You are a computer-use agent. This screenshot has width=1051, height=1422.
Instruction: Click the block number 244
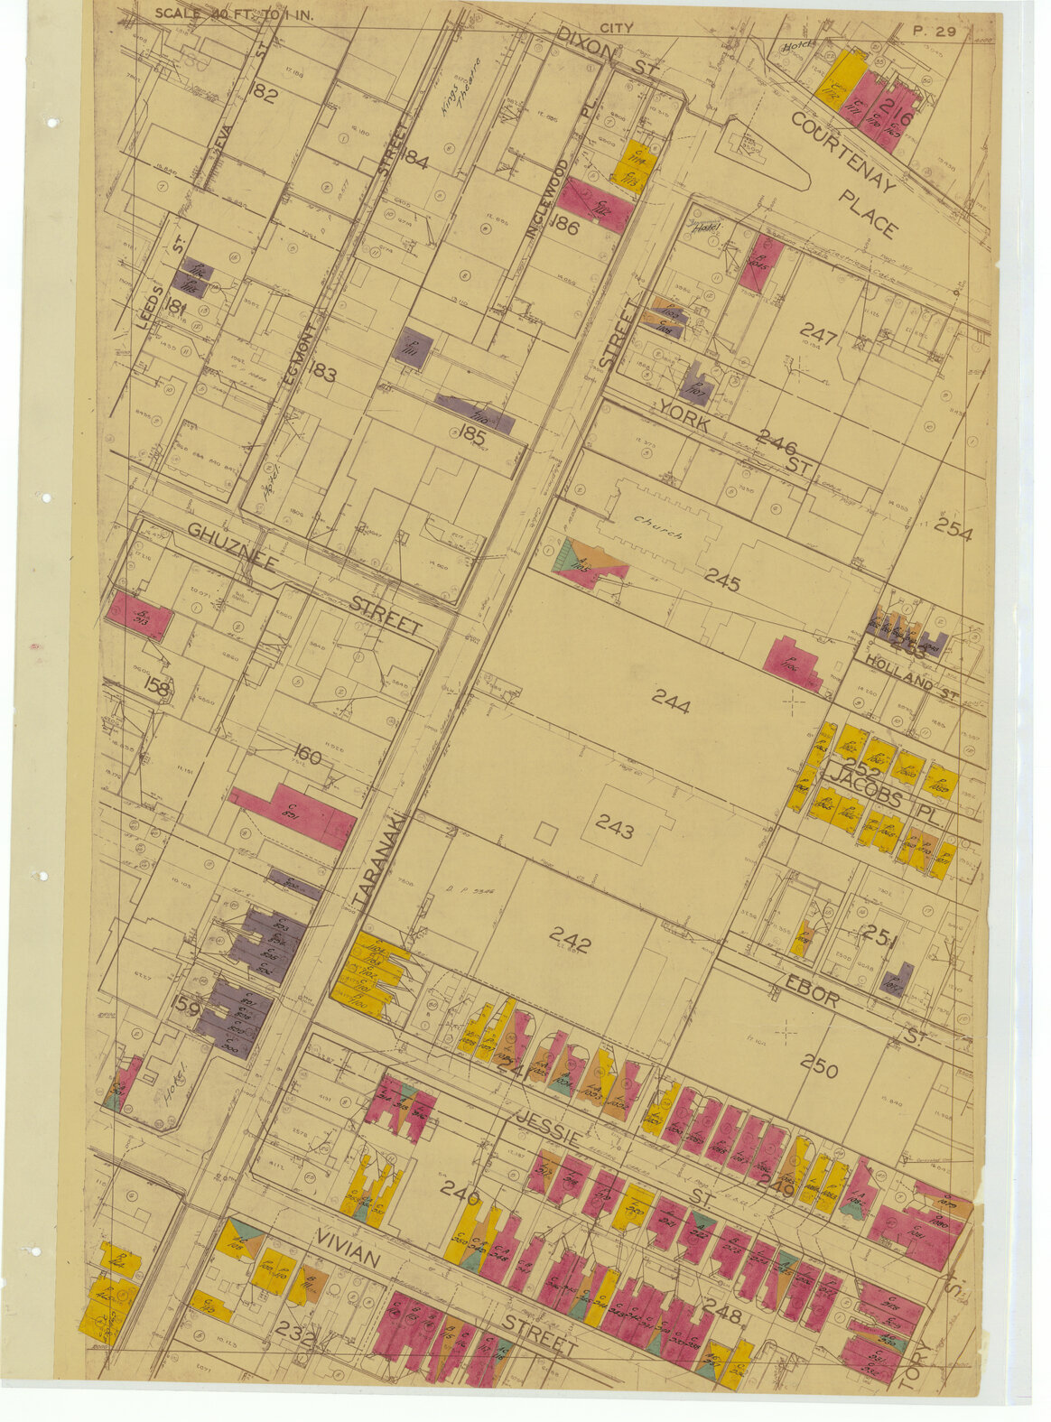coord(670,701)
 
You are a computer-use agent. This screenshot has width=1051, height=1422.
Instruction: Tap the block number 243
coord(614,830)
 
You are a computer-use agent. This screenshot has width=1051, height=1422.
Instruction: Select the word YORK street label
coord(684,414)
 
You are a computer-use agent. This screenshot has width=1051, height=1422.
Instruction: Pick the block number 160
coord(307,755)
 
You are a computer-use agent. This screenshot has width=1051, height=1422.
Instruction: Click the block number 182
coord(265,94)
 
